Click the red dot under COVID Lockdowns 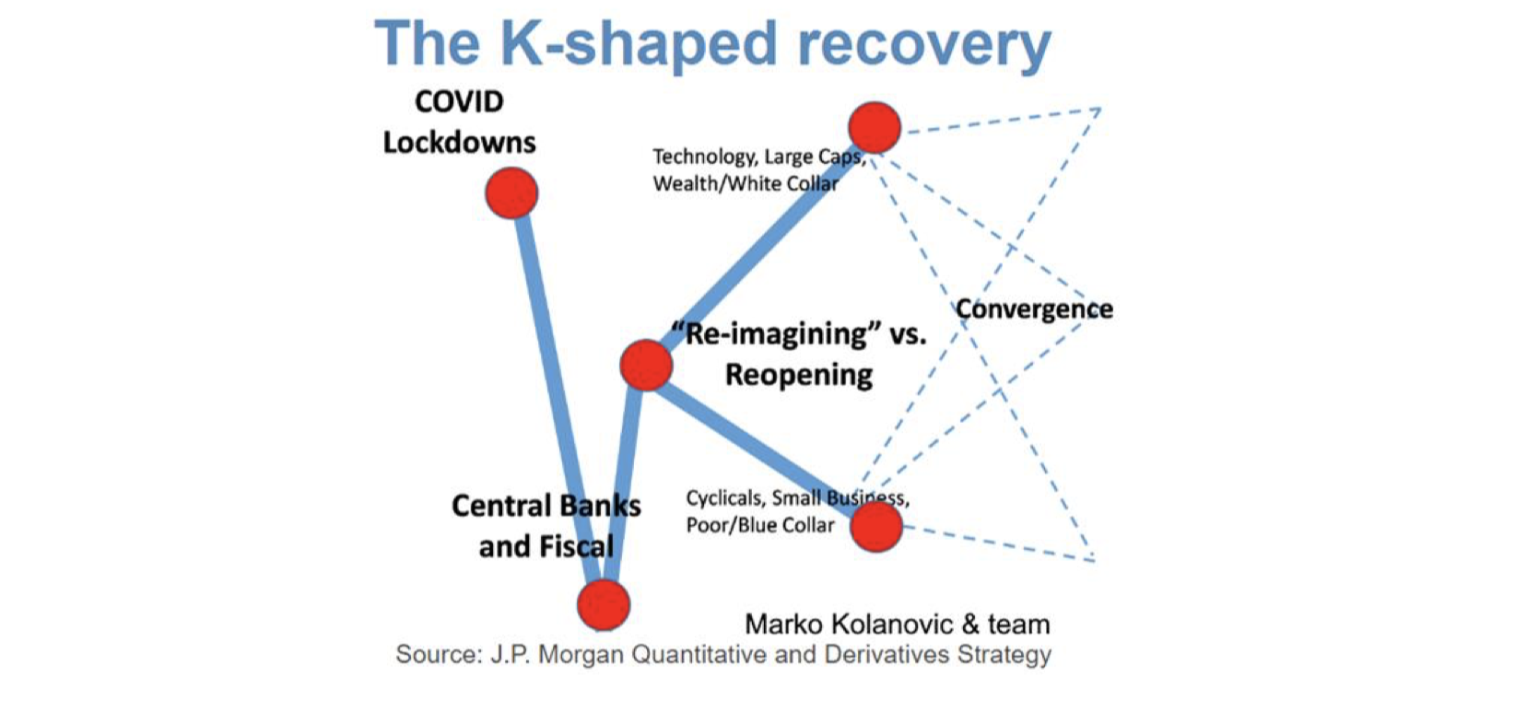coord(511,193)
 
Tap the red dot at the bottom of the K coord(604,604)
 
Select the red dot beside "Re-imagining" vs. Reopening coord(646,365)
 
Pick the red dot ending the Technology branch coord(875,127)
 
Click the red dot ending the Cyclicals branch coord(875,527)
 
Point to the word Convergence coord(1034,309)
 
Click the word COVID coord(459,102)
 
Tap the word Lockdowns coord(459,143)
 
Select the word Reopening coord(799,375)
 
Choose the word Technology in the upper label coord(704,157)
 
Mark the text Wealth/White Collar coord(746,183)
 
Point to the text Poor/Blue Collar coord(760,525)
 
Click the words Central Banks coord(546,507)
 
